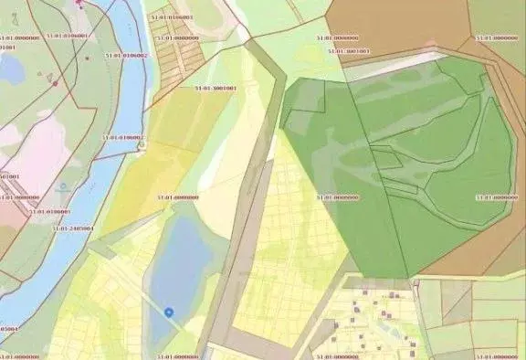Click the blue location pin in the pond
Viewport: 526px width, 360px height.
click(169, 312)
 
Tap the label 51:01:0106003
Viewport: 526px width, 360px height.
click(174, 17)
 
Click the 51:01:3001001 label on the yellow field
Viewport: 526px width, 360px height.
click(216, 89)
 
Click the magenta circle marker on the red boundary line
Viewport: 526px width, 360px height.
click(56, 84)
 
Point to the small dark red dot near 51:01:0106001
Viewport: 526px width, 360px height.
click(88, 57)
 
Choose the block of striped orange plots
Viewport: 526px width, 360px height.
click(178, 55)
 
